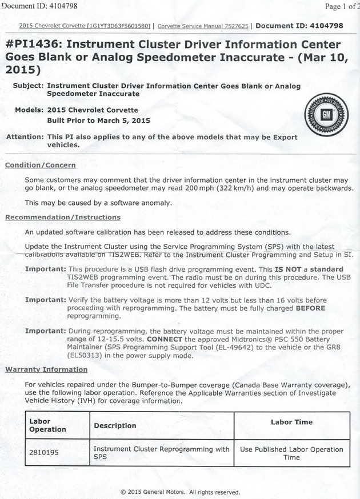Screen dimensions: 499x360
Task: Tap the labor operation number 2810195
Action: [x=45, y=453]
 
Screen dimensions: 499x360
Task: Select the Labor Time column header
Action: [x=291, y=422]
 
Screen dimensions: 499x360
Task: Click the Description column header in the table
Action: [x=115, y=425]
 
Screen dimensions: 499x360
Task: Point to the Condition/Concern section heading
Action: [x=40, y=165]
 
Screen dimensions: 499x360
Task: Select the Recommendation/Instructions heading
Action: [x=62, y=217]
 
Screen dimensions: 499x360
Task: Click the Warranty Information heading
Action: [x=46, y=369]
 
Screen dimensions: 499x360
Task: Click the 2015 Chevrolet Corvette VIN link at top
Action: [x=85, y=26]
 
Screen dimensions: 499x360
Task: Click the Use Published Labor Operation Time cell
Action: [x=291, y=453]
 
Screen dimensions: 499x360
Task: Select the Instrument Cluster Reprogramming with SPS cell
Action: [x=161, y=453]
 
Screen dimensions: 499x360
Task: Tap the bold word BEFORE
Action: [x=310, y=308]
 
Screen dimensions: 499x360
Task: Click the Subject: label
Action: [x=29, y=85]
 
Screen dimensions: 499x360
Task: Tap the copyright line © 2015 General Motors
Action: [x=180, y=492]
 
